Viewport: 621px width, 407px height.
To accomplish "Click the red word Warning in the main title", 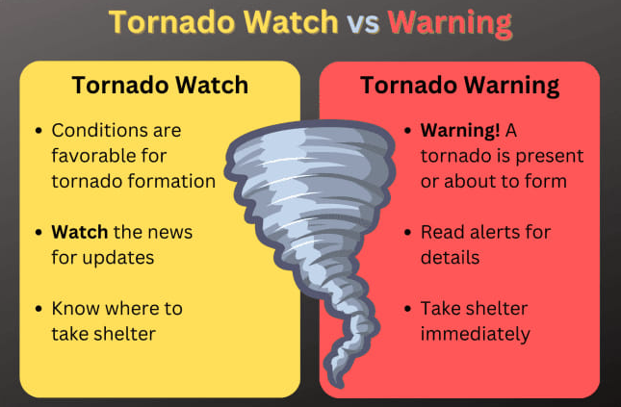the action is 450,23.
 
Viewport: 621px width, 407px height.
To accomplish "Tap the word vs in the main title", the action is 363,23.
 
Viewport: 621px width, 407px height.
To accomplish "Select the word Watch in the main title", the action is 291,22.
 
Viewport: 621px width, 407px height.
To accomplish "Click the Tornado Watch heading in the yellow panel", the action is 160,85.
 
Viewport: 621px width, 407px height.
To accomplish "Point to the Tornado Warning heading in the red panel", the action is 459,86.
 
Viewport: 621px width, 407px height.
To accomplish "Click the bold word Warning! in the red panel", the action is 460,130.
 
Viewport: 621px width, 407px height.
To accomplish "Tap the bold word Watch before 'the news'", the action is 79,232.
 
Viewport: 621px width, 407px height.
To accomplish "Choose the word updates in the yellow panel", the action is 118,258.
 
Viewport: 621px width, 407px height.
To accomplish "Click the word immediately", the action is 475,334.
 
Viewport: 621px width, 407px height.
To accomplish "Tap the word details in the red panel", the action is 450,258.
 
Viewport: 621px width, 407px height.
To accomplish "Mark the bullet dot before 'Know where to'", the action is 39,309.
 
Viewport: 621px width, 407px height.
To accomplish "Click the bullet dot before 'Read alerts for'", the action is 407,232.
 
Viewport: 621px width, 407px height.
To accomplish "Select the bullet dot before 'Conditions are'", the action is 39,130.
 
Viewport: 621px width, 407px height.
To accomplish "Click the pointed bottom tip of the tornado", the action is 339,386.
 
